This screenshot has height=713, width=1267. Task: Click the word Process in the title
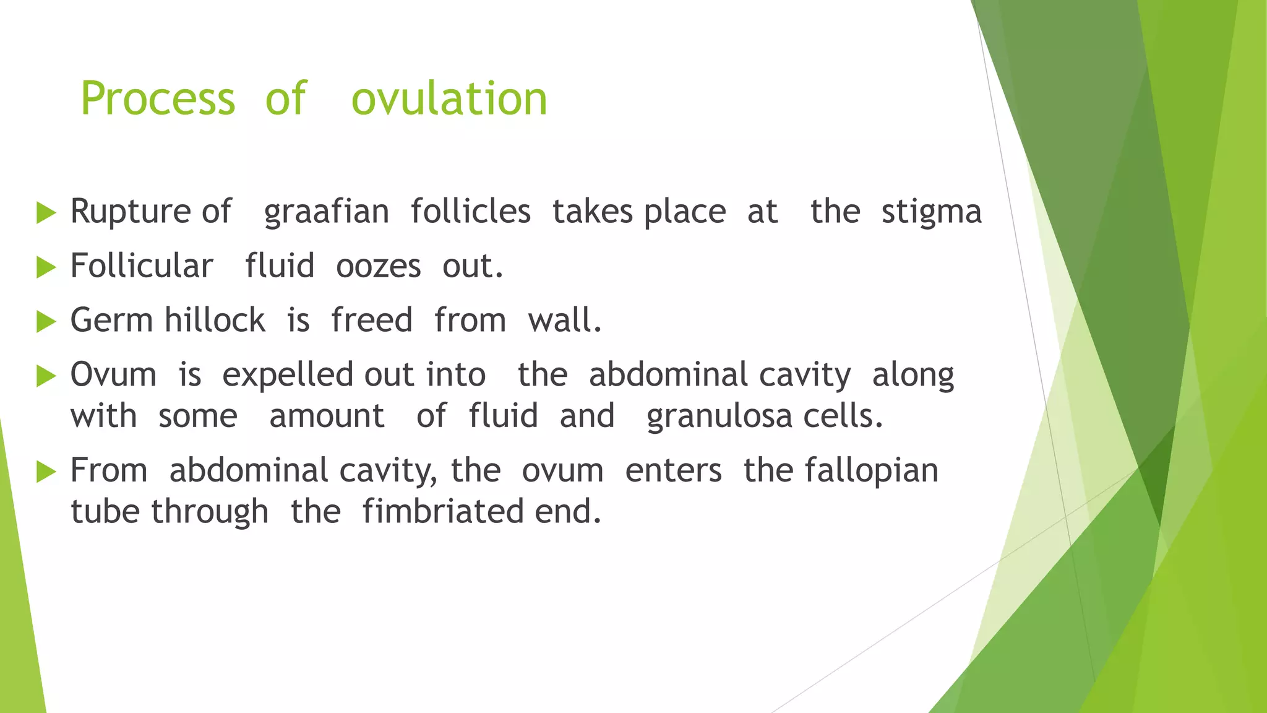[x=158, y=99]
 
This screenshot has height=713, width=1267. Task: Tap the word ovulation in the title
[x=449, y=99]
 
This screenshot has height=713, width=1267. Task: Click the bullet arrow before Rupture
[x=46, y=213]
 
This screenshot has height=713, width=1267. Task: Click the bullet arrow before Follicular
[x=46, y=267]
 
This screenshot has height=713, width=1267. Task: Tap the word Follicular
[x=142, y=266]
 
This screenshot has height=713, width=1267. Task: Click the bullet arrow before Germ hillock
[x=46, y=322]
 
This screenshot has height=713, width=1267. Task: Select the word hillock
[x=215, y=321]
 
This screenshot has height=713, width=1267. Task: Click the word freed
[x=371, y=321]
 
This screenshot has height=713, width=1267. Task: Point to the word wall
[x=564, y=321]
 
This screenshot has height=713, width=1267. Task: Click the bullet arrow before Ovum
[x=46, y=376]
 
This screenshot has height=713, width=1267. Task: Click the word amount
[x=327, y=416]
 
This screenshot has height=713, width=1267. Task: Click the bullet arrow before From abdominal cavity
[x=46, y=472]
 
